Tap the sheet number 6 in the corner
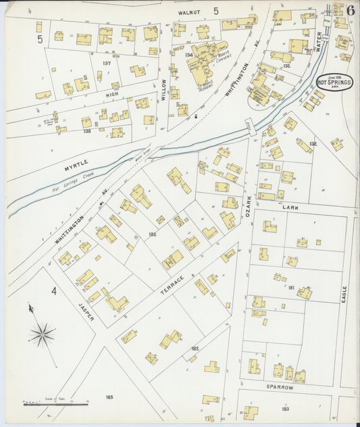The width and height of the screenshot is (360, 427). tap(352, 9)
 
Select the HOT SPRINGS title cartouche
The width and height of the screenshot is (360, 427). tap(336, 82)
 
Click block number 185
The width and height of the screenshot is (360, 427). tap(109, 397)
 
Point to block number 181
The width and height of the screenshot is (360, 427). tap(291, 288)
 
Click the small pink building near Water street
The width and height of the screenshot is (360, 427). tap(310, 51)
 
